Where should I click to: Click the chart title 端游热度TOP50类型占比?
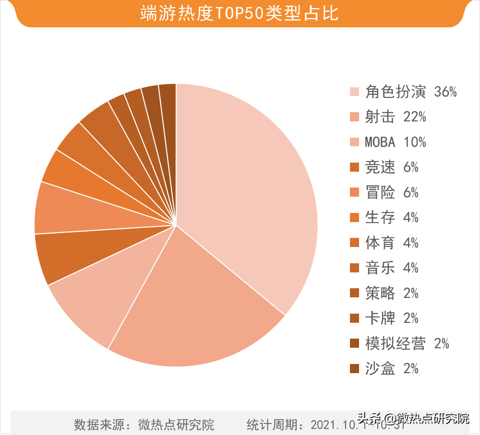point(240,13)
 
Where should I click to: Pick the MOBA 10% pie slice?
point(101,297)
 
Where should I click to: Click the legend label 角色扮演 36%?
point(411,92)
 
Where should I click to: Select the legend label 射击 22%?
point(396,117)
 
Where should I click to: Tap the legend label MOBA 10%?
point(396,142)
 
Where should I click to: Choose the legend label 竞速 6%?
point(392,167)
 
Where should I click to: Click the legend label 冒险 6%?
point(392,193)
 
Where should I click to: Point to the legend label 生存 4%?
point(392,218)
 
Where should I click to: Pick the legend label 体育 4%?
point(392,243)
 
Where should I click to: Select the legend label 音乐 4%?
point(392,268)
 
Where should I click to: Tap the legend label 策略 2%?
point(392,293)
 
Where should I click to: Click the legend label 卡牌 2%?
point(392,318)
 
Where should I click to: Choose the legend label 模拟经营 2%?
point(407,343)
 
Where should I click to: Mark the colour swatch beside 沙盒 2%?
point(355,369)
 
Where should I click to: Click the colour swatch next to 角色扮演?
point(355,92)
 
